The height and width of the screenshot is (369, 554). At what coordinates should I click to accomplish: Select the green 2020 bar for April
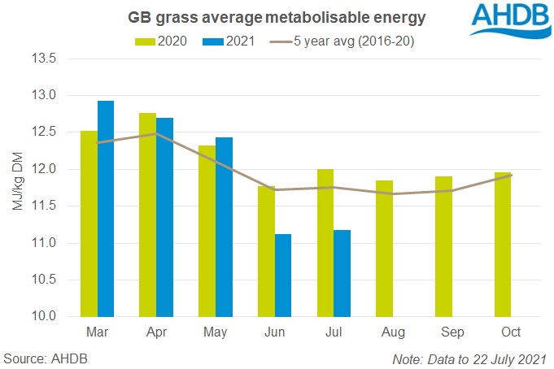148,215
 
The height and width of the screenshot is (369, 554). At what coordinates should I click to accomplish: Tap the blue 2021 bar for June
283,276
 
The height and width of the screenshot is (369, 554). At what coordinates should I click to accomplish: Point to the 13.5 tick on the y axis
42,59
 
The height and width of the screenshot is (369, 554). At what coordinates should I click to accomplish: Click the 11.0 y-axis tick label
42,243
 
